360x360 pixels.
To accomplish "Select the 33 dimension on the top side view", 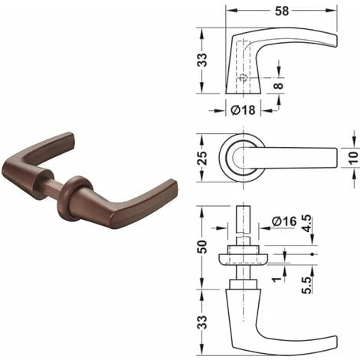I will tap(202, 61).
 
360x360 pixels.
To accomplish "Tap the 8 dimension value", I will tap(279, 86).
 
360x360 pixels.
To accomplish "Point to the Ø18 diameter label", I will tap(243, 110).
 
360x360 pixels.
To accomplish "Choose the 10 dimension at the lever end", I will tap(353, 156).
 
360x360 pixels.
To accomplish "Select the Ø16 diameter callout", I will tap(284, 221).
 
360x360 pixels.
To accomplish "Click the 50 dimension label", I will tap(202, 247).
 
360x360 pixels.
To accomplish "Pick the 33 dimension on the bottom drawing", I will tap(202, 322).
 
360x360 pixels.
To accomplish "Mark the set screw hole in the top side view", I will tap(242, 77).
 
